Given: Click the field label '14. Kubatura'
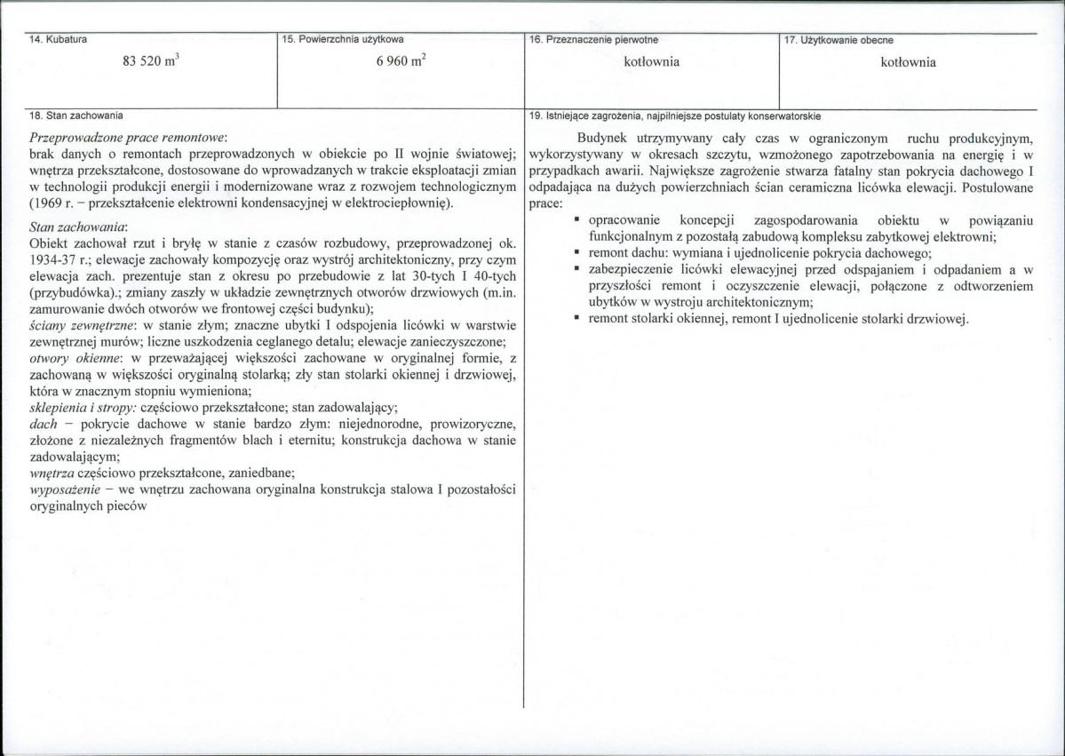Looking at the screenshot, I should [56, 39].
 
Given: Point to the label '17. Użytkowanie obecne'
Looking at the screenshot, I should [840, 39].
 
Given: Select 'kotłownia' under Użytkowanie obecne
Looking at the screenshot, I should [908, 62].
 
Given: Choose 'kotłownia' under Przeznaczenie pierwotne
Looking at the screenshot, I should [651, 62].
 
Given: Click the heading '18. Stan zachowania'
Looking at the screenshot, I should [76, 115].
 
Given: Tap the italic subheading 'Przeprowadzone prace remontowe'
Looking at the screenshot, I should [128, 139].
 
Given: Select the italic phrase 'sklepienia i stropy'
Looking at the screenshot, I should [82, 407].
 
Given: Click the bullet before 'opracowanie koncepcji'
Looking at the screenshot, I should [577, 219].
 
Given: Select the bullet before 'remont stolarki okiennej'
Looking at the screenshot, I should [577, 318].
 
